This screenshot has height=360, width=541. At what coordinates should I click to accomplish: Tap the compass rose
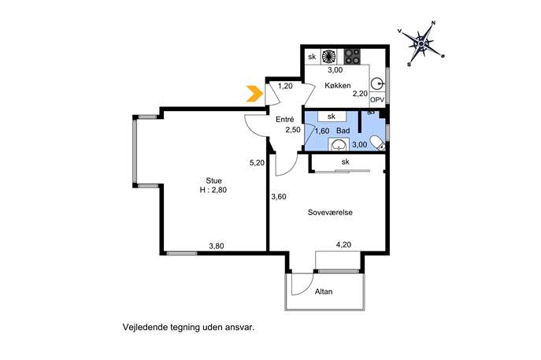coord(421,43)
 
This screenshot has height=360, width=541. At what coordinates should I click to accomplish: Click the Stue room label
coord(214,180)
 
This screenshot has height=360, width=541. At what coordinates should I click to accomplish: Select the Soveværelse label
coord(330,212)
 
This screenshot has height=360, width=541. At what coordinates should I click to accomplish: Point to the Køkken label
coord(338,85)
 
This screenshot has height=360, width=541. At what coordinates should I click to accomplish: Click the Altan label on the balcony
coord(324,291)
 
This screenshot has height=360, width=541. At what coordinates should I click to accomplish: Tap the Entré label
coord(284,120)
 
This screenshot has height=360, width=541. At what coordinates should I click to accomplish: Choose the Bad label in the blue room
coord(343,131)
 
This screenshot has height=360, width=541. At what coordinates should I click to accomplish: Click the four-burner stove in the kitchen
coord(352,56)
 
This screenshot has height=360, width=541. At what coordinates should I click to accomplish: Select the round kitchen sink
coord(377,84)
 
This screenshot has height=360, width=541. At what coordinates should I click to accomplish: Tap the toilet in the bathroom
coord(377,143)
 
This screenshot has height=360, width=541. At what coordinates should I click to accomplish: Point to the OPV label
coord(377,100)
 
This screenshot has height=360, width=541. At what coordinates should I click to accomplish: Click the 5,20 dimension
coord(257,162)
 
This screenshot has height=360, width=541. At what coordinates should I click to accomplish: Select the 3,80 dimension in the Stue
coord(217,246)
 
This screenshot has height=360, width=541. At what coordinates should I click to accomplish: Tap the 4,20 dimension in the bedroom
coord(343,245)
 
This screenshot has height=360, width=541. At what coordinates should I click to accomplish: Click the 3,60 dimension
coord(279,197)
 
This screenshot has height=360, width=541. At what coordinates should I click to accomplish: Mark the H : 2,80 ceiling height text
coord(213,190)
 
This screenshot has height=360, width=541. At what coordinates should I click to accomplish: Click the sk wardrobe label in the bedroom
coord(346,161)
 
